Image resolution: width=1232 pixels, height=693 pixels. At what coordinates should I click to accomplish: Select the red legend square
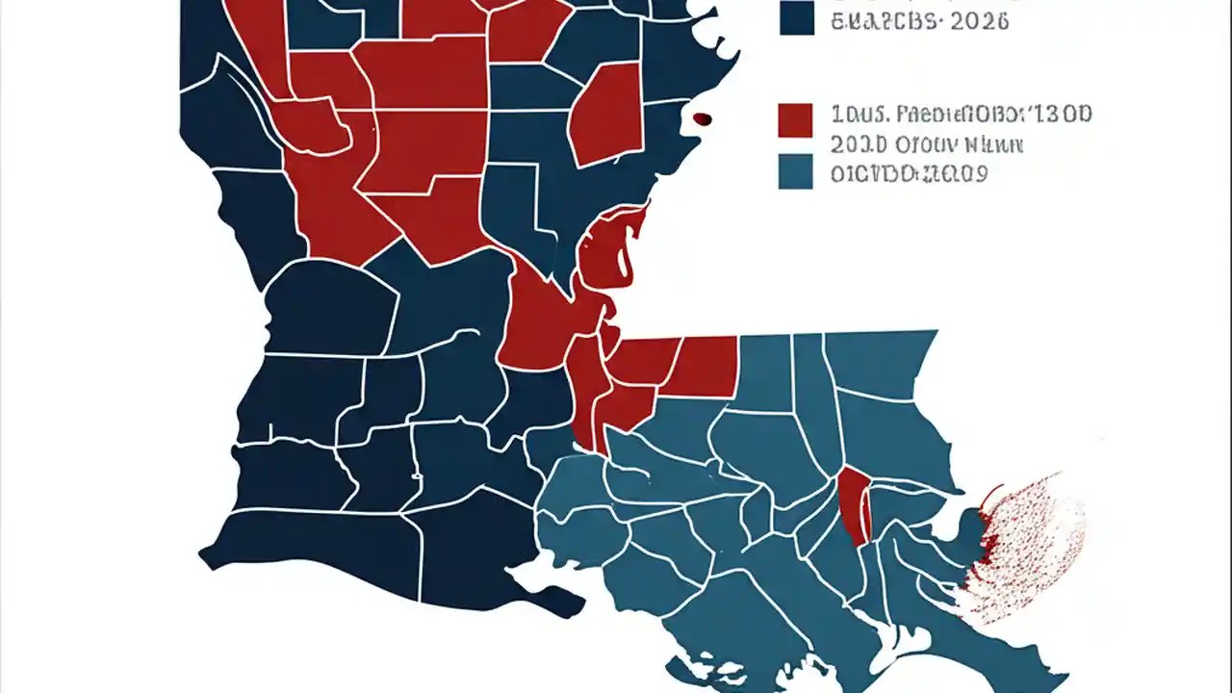pos(794,120)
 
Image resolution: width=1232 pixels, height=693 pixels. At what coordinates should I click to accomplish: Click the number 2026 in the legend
pos(978,21)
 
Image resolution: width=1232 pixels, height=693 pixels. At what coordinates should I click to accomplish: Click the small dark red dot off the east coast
pos(702,118)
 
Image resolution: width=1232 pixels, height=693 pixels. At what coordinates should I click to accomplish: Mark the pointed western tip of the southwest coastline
pos(203,555)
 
